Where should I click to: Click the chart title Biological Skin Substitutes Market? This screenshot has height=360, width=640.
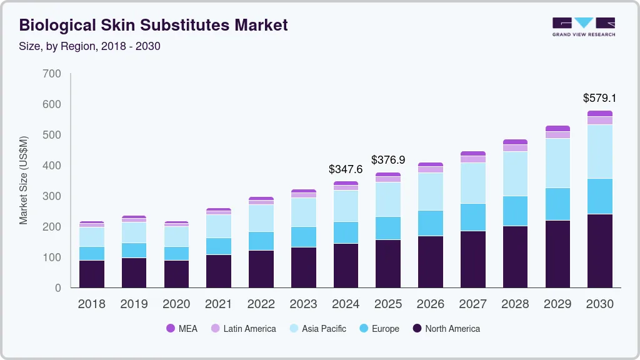154,25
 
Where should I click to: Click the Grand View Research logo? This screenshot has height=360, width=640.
583,26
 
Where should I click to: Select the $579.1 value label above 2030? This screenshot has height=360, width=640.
599,98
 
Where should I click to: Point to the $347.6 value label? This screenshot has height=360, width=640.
346,169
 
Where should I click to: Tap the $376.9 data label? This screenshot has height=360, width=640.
388,160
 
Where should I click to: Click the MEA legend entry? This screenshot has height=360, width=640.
182,328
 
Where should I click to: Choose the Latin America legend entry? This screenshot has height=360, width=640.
243,328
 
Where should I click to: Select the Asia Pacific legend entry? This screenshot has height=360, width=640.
317,328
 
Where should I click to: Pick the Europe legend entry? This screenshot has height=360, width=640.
379,328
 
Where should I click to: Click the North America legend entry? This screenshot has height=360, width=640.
446,328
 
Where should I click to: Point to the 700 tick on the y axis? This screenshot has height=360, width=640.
52,74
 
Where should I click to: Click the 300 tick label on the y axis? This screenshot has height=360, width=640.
52,196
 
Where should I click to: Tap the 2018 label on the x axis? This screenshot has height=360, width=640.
91,304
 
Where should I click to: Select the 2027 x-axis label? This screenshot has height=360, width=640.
473,304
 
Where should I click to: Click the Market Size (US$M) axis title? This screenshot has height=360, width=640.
24,180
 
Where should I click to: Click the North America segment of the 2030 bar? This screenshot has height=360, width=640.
599,251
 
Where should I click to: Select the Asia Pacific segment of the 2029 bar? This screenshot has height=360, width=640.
557,163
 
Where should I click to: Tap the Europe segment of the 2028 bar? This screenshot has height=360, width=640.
515,211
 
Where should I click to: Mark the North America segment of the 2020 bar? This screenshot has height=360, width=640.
176,274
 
